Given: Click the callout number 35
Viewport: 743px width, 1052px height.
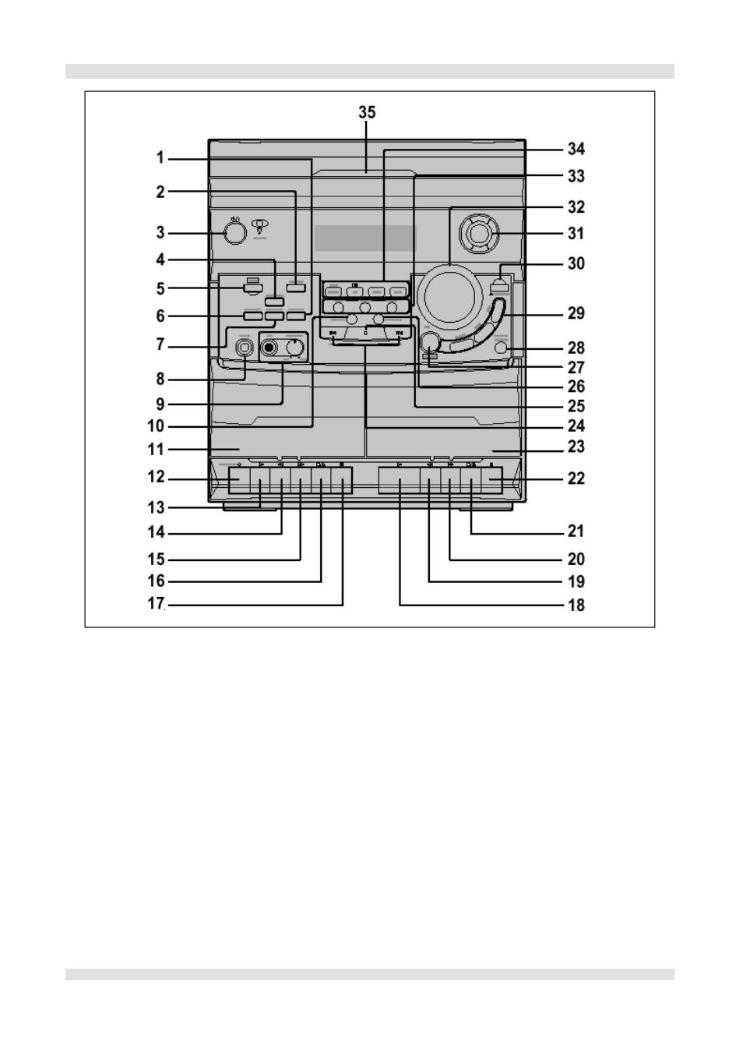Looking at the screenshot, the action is [x=367, y=112].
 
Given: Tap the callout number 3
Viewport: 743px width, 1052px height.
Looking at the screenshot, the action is [x=160, y=232].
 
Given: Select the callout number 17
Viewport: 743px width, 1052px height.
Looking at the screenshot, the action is [x=156, y=603].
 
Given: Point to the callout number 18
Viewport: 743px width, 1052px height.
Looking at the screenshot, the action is [x=576, y=605].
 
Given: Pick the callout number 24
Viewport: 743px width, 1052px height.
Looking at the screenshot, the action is [x=576, y=426].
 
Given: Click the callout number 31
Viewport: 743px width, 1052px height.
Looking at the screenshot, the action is [x=576, y=233].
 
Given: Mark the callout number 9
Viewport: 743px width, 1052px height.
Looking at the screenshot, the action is [x=160, y=404].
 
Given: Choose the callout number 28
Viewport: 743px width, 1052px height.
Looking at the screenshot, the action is [x=576, y=348].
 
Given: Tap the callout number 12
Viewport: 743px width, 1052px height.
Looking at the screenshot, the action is [x=156, y=477].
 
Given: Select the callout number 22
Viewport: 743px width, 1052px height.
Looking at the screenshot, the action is [x=576, y=478].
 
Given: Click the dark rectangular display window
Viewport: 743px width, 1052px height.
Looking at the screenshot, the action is [x=364, y=238].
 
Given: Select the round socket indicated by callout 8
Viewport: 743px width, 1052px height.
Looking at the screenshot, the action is [x=245, y=348].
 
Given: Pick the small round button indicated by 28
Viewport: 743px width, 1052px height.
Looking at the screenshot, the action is [x=501, y=348].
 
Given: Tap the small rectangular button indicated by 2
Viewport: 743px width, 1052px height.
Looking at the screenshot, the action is [x=296, y=288].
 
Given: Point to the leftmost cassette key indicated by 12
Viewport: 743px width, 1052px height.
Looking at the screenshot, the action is [x=239, y=480].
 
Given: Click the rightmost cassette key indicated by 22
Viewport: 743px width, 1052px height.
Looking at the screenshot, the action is [x=491, y=480].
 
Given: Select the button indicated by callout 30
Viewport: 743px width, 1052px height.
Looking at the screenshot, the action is [x=499, y=287].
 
